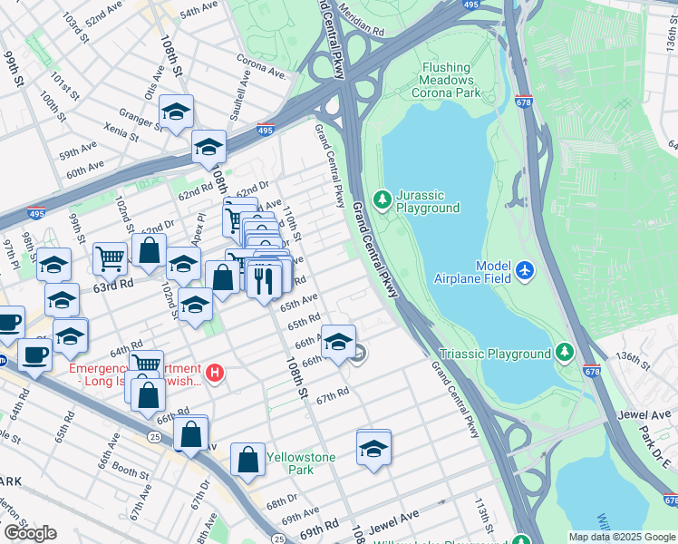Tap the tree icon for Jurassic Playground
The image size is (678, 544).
pos(382,198)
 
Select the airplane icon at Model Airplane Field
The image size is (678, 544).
pos(525,269)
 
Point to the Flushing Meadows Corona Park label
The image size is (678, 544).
pos(445,80)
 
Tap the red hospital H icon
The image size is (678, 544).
pos(214,372)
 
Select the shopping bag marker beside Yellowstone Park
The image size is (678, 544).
pos(247,459)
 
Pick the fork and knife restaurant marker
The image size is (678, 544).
pos(264,278)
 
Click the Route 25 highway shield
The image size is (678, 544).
pos(155,437)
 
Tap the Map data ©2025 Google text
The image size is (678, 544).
pos(621,536)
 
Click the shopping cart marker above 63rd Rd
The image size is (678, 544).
pos(110,258)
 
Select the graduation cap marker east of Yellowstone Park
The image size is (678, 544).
pos(373,448)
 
